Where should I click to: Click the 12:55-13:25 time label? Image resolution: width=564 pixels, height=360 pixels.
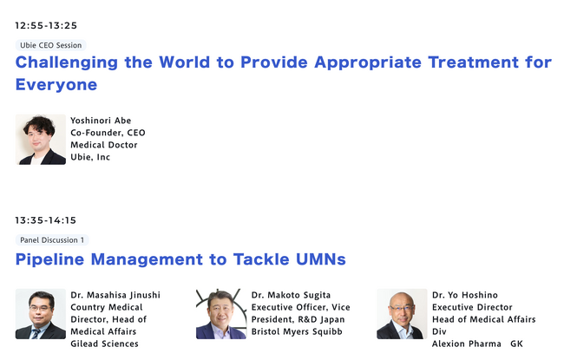pyautogui.click(x=46, y=25)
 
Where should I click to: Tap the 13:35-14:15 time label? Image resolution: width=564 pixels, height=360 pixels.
pyautogui.click(x=46, y=220)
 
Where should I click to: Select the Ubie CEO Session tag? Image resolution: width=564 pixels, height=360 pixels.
pyautogui.click(x=50, y=45)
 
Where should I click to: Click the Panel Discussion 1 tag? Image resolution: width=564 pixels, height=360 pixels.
pyautogui.click(x=52, y=240)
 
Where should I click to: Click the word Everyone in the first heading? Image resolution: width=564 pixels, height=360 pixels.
pyautogui.click(x=56, y=85)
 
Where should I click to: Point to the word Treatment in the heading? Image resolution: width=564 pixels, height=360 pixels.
pyautogui.click(x=474, y=62)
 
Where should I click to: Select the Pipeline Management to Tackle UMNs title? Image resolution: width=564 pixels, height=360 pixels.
pyautogui.click(x=180, y=259)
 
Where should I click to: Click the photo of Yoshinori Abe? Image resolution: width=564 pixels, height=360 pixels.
pyautogui.click(x=41, y=140)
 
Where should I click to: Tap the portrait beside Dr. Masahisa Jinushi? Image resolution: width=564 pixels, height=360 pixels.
pyautogui.click(x=41, y=314)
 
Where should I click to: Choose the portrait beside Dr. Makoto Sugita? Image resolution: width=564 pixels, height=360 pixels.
pyautogui.click(x=221, y=314)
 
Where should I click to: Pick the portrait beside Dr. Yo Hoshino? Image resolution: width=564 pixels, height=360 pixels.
pyautogui.click(x=402, y=314)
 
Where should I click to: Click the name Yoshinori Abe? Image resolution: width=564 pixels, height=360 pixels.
pyautogui.click(x=101, y=121)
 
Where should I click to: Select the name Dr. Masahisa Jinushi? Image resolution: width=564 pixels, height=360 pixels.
pyautogui.click(x=115, y=295)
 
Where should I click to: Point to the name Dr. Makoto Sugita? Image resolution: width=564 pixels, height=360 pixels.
pyautogui.click(x=291, y=295)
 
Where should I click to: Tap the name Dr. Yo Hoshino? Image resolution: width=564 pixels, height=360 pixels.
pyautogui.click(x=465, y=295)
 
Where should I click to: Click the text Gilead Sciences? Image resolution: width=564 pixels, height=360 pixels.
pyautogui.click(x=104, y=344)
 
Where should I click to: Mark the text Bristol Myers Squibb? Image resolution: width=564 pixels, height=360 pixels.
pyautogui.click(x=297, y=331)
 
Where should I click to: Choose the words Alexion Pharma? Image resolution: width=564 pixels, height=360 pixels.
pyautogui.click(x=467, y=344)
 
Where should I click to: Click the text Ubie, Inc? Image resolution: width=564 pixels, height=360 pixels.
pyautogui.click(x=90, y=157)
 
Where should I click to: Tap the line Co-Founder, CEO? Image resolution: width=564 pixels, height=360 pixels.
pyautogui.click(x=108, y=133)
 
